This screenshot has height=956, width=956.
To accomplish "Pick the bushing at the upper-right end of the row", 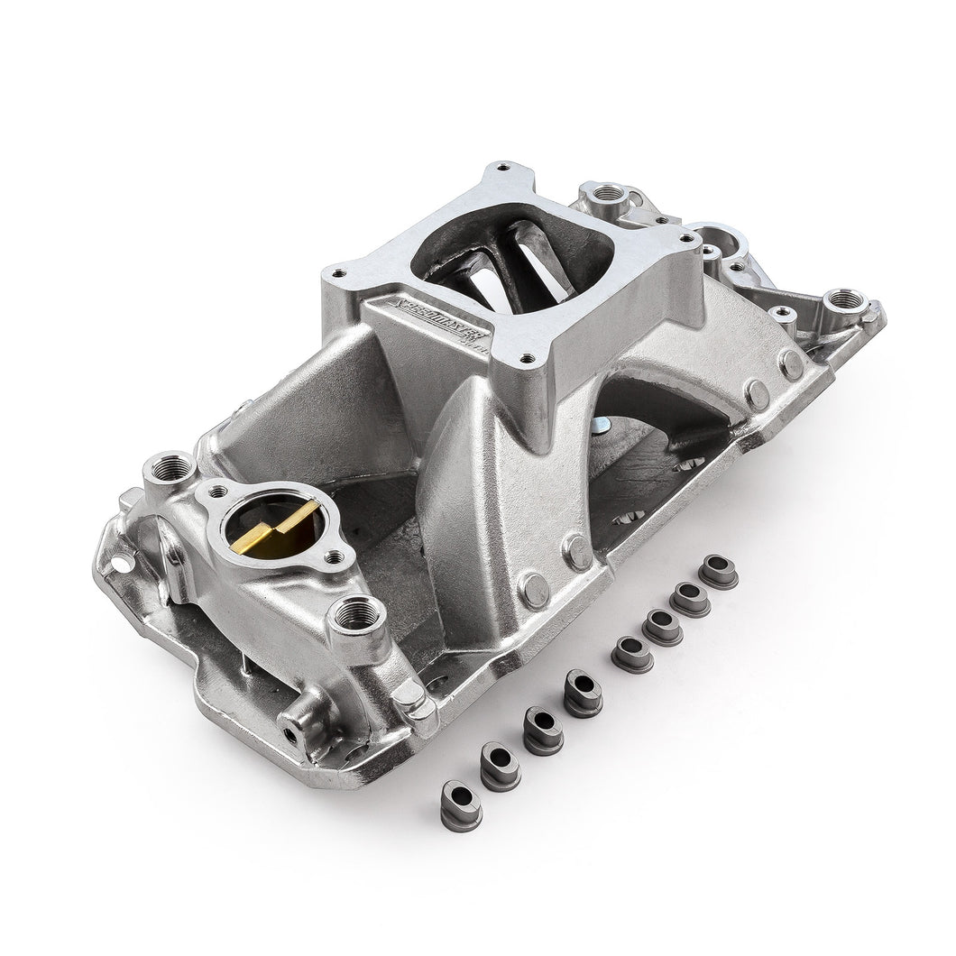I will [x=719, y=573].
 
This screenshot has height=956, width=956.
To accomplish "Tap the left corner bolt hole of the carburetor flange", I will [x=338, y=270].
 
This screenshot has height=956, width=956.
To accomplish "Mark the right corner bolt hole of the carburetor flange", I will [x=691, y=235].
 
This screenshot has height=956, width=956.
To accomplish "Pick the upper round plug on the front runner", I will [x=578, y=549].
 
